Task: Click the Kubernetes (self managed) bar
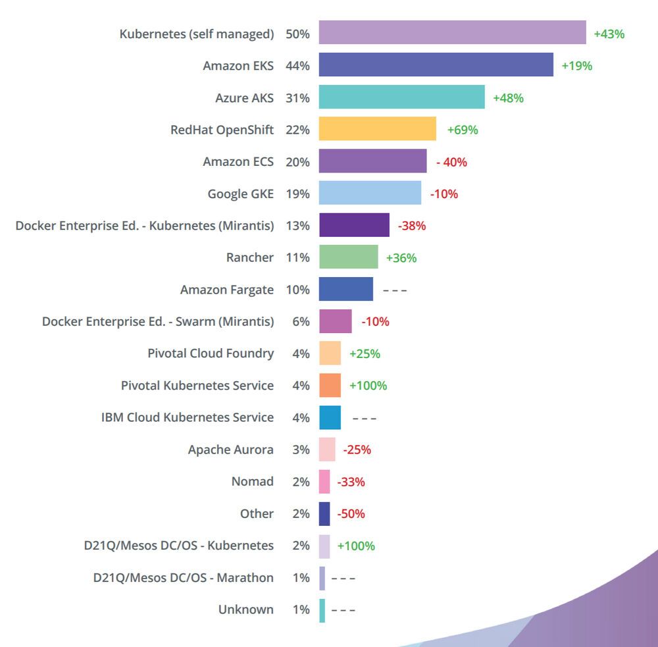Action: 452,33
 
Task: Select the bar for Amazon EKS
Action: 436,65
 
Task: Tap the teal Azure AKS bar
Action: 401,97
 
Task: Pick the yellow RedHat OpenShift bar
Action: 377,129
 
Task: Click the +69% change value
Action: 463,130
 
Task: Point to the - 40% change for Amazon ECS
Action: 451,161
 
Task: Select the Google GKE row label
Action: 240,194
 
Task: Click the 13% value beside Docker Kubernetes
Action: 297,226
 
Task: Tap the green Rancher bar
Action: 348,257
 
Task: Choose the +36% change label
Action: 401,258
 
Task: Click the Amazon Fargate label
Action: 226,290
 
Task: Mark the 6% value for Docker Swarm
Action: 301,322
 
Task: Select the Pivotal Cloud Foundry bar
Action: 330,353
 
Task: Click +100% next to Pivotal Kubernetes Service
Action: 368,386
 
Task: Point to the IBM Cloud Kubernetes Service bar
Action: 330,417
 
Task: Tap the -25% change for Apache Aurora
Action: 357,450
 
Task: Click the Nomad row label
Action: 252,481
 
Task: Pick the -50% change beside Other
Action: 351,513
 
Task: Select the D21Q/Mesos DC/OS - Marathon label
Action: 183,577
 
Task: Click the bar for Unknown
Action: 322,609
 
